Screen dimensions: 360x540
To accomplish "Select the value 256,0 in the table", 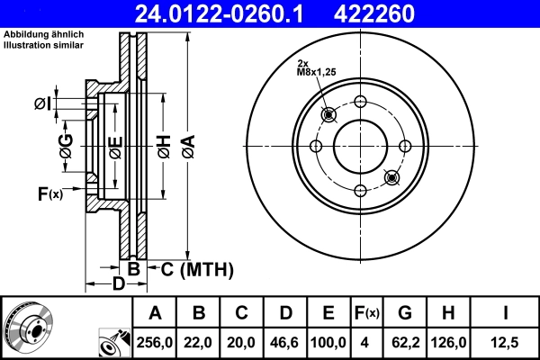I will [x=155, y=342].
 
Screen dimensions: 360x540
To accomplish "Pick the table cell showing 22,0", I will [x=199, y=342].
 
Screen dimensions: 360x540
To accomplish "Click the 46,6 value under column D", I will [x=285, y=342].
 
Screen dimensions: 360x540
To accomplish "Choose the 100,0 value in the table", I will [x=328, y=342].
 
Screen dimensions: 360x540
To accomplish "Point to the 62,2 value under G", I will [x=405, y=342].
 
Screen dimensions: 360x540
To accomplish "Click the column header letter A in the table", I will [x=155, y=313].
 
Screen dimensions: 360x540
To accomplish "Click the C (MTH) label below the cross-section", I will [x=196, y=268].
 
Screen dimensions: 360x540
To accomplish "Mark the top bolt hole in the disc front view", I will [x=360, y=102].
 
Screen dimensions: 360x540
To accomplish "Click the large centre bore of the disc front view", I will [x=360, y=146].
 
